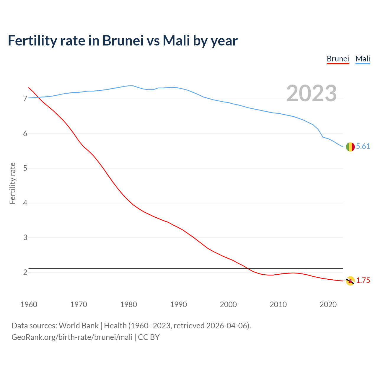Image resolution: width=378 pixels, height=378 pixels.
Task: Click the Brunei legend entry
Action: pyautogui.click(x=338, y=59)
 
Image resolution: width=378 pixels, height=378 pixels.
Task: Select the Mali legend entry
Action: pyautogui.click(x=363, y=59)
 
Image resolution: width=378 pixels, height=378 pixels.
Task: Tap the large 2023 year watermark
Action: pyautogui.click(x=312, y=93)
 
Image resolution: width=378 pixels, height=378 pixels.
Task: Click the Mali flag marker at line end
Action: pyautogui.click(x=350, y=146)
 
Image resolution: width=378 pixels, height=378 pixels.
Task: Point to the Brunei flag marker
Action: pyautogui.click(x=350, y=281)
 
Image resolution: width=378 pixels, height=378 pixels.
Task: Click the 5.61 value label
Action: pyautogui.click(x=363, y=146)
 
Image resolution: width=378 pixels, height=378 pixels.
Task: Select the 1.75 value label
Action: pyautogui.click(x=363, y=281)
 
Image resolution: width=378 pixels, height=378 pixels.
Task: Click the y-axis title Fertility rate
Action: pyautogui.click(x=12, y=183)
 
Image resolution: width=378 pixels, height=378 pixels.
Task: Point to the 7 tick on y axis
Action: pyautogui.click(x=25, y=99)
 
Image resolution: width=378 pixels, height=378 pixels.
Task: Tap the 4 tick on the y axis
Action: pyautogui.click(x=25, y=203)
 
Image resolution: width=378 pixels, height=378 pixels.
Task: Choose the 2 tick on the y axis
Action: pyautogui.click(x=25, y=272)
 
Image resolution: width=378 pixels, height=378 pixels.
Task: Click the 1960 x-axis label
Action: pyautogui.click(x=29, y=304)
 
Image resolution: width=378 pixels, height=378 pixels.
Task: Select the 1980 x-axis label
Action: pyautogui.click(x=128, y=304)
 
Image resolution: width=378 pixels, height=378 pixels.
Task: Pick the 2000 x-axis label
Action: pyautogui.click(x=228, y=304)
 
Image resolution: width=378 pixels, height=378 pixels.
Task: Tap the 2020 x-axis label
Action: pyautogui.click(x=328, y=304)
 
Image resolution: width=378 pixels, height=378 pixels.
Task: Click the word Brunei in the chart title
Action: pyautogui.click(x=123, y=40)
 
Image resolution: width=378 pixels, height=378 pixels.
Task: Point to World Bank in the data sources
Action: pyautogui.click(x=79, y=326)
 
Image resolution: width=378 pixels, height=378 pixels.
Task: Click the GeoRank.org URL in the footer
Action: pyautogui.click(x=72, y=337)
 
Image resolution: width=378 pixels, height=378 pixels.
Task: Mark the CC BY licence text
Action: pyautogui.click(x=149, y=337)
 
